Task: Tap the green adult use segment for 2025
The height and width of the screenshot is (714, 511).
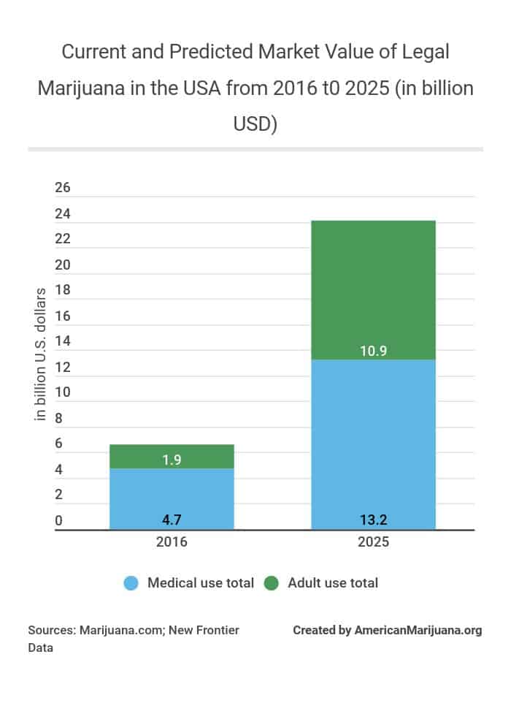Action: click(x=373, y=285)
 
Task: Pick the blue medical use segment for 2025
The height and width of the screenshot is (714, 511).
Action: click(x=373, y=438)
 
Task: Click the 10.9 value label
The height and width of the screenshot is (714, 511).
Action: click(x=373, y=352)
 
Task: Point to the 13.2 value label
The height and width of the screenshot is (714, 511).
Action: click(x=373, y=520)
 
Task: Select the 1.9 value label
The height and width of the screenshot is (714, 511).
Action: click(x=172, y=460)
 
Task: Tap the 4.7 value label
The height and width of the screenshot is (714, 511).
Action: click(x=172, y=520)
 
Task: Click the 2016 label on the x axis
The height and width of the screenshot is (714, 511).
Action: click(x=172, y=543)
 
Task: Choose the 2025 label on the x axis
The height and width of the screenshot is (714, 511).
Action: click(x=373, y=543)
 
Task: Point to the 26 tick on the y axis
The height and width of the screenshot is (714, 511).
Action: click(x=63, y=188)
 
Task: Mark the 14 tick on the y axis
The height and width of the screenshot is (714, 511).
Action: click(x=63, y=341)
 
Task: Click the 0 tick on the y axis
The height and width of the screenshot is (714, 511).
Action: click(x=59, y=520)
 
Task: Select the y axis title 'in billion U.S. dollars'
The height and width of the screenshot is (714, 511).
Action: click(x=41, y=354)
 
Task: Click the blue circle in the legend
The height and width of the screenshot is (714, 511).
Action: click(x=131, y=583)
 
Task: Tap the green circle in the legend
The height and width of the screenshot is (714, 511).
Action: click(x=272, y=583)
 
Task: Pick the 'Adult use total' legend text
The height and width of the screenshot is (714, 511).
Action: click(x=333, y=583)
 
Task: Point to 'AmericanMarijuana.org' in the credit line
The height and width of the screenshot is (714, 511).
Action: click(x=418, y=630)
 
